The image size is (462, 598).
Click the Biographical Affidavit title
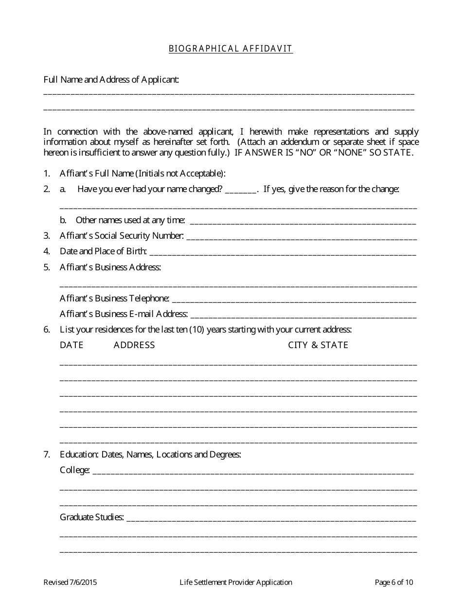pyautogui.click(x=231, y=49)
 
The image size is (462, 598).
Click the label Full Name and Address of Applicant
pyautogui.click(x=111, y=80)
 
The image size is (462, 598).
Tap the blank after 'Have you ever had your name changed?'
pyautogui.click(x=241, y=191)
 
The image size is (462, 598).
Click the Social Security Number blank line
pyautogui.click(x=302, y=238)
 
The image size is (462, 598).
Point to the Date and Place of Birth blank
pyautogui.click(x=283, y=253)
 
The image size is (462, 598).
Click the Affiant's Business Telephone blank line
pyautogui.click(x=294, y=300)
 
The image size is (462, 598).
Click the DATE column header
pyautogui.click(x=71, y=345)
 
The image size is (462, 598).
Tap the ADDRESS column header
pyautogui.click(x=134, y=345)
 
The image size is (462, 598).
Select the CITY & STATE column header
pyautogui.click(x=318, y=345)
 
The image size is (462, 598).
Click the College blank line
pyautogui.click(x=253, y=472)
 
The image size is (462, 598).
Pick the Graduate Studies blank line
pyautogui.click(x=271, y=519)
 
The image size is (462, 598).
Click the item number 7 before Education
pyautogui.click(x=47, y=455)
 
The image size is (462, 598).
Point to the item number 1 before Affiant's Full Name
pyautogui.click(x=47, y=174)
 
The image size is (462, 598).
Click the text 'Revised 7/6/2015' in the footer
pyautogui.click(x=67, y=582)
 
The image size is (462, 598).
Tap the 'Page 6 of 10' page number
pyautogui.click(x=394, y=582)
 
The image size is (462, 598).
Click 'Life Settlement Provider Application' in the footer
pyautogui.click(x=236, y=582)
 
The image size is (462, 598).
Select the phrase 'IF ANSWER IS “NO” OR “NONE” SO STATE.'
pyautogui.click(x=324, y=153)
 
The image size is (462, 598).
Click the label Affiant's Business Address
pyautogui.click(x=110, y=267)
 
